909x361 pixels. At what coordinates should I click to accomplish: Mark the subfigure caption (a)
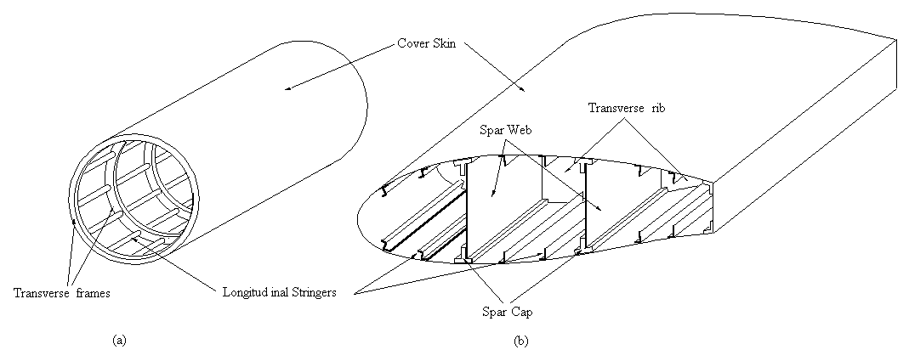tap(119, 339)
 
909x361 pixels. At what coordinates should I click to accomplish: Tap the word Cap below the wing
tap(517, 311)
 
